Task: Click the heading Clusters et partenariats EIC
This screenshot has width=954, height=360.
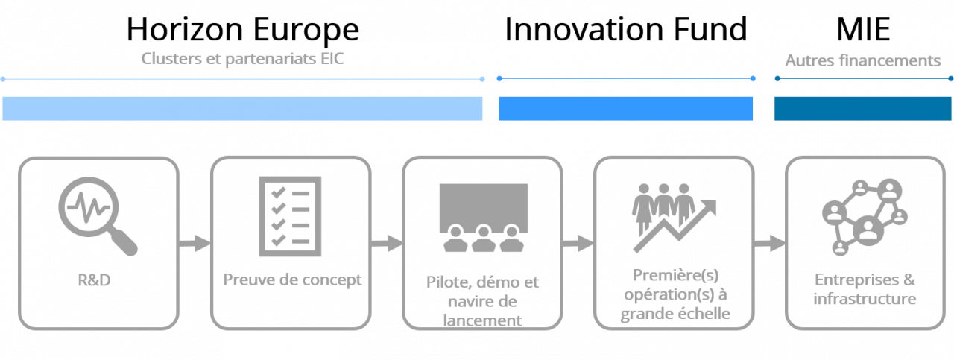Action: [242, 59]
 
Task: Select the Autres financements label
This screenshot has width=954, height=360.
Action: [862, 61]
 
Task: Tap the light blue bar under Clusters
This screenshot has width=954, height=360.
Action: [242, 108]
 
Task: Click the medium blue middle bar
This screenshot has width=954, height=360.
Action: [625, 108]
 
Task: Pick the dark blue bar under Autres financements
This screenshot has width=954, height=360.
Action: [862, 108]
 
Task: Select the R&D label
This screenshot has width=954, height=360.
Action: [94, 281]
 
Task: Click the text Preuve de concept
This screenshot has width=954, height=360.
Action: [292, 280]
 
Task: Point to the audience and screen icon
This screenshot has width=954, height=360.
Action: [482, 217]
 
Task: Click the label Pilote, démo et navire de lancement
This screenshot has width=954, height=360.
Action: [482, 302]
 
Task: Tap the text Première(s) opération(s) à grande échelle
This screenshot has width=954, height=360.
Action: [675, 295]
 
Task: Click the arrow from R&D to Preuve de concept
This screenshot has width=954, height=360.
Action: [195, 243]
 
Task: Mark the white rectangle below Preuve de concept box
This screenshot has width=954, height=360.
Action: [281, 347]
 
